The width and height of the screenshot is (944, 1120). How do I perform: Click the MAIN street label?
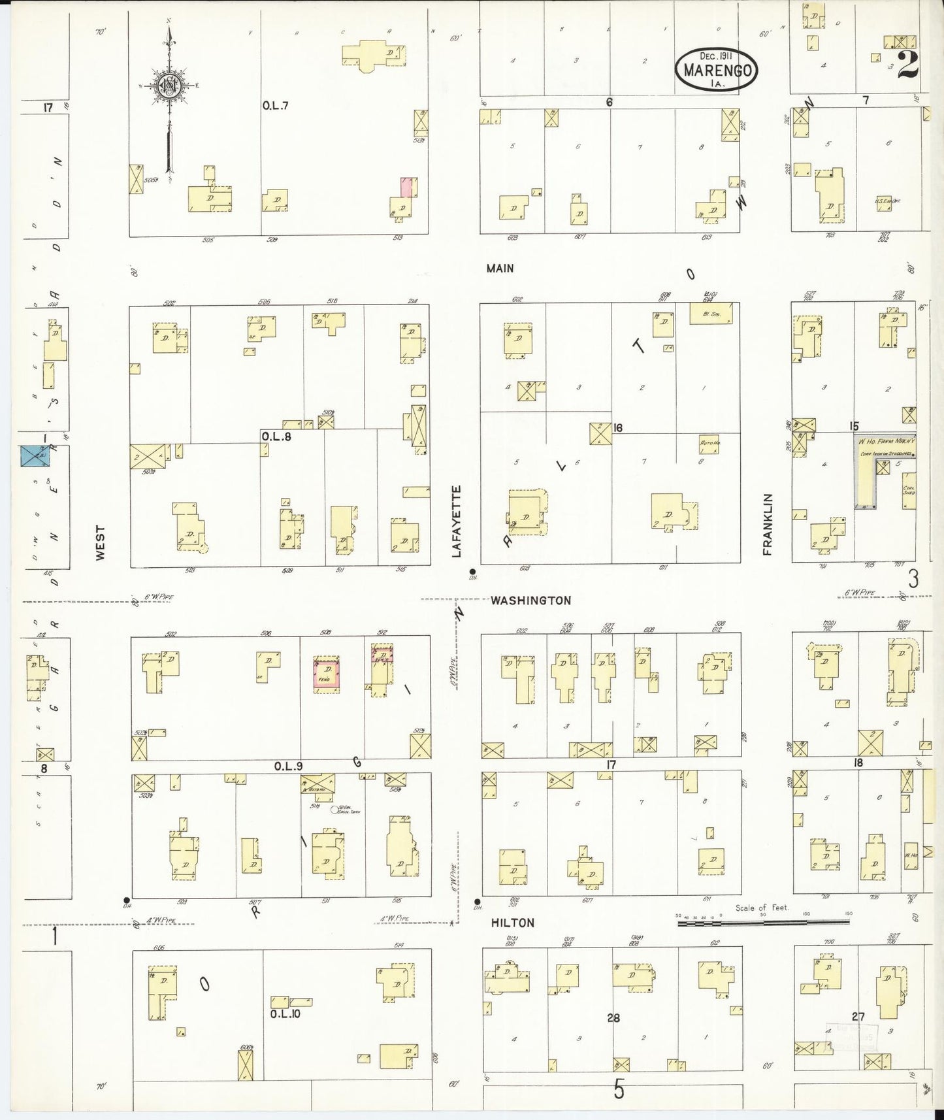pos(500,268)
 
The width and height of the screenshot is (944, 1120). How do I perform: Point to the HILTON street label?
pos(513,923)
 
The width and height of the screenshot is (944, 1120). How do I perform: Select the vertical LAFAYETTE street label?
pos(457,521)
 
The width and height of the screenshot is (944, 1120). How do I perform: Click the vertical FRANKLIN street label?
pos(767,524)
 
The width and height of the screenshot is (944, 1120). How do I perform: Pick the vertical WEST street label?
pos(100,542)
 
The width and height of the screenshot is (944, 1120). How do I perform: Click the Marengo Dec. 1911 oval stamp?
pos(717,68)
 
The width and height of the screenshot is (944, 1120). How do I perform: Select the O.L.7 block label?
pos(275,105)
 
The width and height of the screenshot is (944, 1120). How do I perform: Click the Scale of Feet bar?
pos(763,922)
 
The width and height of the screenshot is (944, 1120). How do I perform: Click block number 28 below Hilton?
pos(613,1017)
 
